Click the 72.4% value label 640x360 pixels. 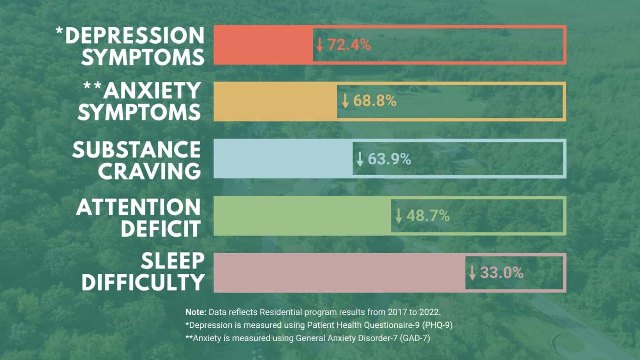(349, 45)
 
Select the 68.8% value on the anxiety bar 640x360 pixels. (374, 101)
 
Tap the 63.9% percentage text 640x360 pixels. (389, 159)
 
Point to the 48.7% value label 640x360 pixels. (428, 215)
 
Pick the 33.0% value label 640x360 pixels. (501, 273)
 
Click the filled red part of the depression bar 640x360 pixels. (263, 45)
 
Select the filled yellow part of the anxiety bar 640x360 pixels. (275, 101)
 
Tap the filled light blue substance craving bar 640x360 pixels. (283, 159)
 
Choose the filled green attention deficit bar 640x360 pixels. (302, 215)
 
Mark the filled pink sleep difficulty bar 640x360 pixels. (339, 273)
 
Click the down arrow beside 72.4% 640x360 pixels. (320, 45)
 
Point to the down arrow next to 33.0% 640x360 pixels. (472, 273)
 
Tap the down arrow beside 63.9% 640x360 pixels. (360, 159)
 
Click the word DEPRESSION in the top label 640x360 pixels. (134, 35)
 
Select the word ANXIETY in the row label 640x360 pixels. (152, 91)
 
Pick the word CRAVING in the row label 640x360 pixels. (149, 171)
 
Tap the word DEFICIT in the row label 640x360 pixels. (160, 228)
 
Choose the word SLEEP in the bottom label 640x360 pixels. (173, 261)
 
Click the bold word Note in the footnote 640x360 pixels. (196, 312)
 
